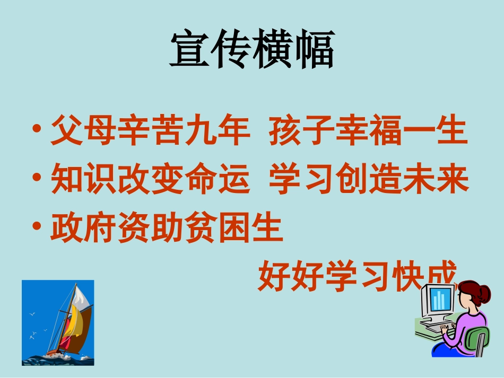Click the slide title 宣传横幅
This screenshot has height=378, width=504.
[251, 50]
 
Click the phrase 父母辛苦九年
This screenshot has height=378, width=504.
[150, 132]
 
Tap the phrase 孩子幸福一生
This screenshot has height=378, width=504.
[368, 132]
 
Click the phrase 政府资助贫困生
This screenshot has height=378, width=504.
[167, 230]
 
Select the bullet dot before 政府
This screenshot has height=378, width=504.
[37, 227]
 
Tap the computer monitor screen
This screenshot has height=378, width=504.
[438, 301]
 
